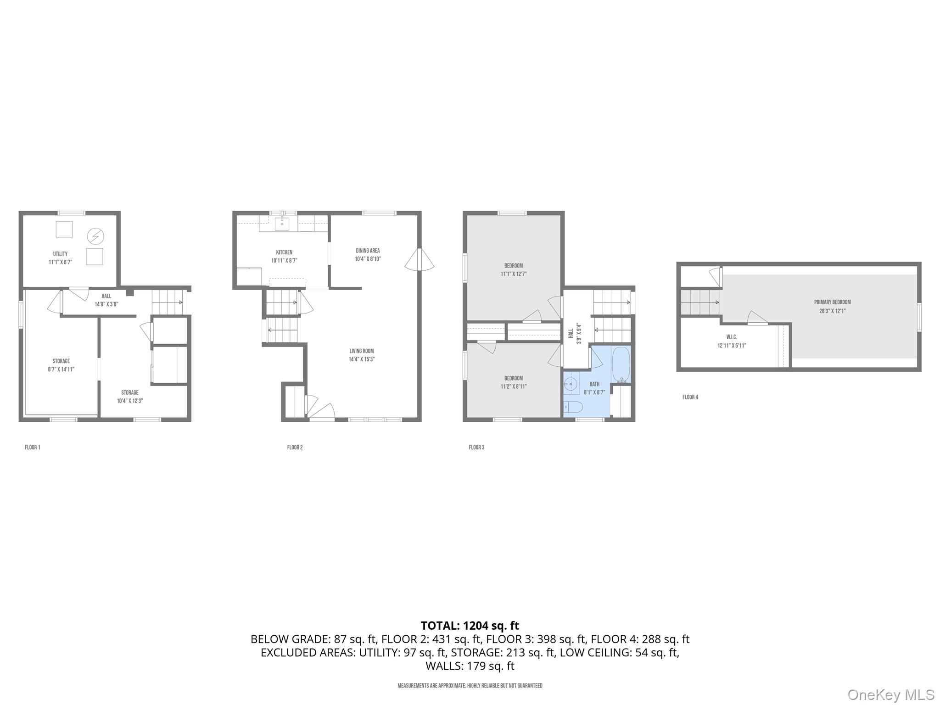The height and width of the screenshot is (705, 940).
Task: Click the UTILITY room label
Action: (60, 254)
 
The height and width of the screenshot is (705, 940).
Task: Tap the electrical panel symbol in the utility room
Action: (95, 236)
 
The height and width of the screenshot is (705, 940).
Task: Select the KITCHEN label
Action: (284, 252)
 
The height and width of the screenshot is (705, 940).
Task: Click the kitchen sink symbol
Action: (282, 224)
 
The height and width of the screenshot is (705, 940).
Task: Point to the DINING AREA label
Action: (368, 251)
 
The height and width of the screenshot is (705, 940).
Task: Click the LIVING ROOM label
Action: (361, 351)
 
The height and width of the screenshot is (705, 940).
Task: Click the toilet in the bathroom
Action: (573, 407)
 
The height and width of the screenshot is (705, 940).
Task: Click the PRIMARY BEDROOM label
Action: (832, 302)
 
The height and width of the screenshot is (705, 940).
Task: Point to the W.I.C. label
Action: (732, 337)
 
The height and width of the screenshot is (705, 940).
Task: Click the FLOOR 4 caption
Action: (690, 397)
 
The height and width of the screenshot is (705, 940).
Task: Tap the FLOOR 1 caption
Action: (33, 447)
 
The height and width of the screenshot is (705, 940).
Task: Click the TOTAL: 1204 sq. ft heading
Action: (470, 626)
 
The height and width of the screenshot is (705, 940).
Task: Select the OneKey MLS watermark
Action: (890, 694)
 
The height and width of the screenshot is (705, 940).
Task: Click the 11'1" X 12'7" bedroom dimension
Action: (513, 274)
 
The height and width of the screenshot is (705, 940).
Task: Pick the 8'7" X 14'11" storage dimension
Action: (61, 369)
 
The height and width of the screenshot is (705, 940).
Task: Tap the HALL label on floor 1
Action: (106, 296)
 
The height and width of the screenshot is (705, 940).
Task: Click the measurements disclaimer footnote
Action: (470, 685)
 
